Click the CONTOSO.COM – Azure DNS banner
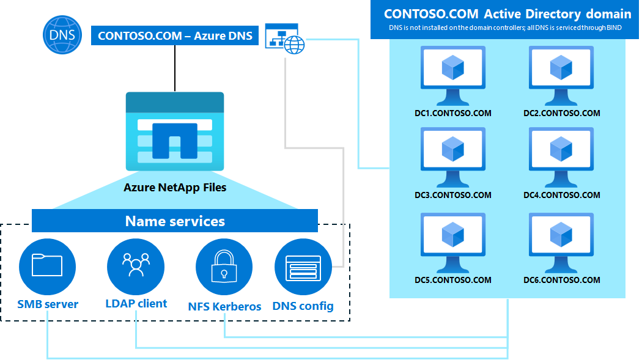click(x=175, y=35)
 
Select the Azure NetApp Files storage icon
click(x=174, y=131)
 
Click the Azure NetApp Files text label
click(x=175, y=188)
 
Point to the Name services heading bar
click(x=175, y=221)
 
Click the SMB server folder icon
click(x=47, y=266)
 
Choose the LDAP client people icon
click(x=136, y=266)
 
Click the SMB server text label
click(x=48, y=304)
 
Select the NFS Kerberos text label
click(x=224, y=306)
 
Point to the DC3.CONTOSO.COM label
click(x=452, y=196)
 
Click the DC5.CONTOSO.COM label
click(x=452, y=281)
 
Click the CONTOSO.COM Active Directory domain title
click(x=507, y=14)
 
